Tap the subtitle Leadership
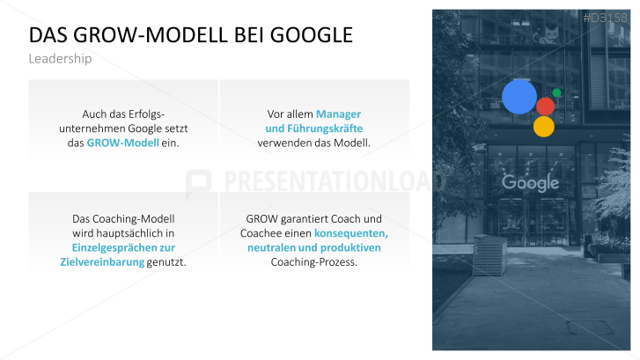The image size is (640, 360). click(60, 59)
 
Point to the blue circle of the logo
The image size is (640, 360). click(519, 97)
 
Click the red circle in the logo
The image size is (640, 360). click(545, 107)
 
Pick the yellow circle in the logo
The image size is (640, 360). click(544, 126)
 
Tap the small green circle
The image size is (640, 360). click(556, 92)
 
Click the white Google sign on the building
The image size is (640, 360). click(530, 183)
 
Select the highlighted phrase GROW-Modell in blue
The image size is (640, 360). click(122, 143)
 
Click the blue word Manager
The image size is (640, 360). click(338, 114)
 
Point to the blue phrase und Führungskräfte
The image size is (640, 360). click(314, 129)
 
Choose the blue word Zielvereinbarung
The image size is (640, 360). click(102, 262)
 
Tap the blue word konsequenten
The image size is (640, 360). click(350, 233)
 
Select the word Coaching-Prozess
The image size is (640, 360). click(314, 262)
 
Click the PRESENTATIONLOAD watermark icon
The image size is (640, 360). click(199, 180)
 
